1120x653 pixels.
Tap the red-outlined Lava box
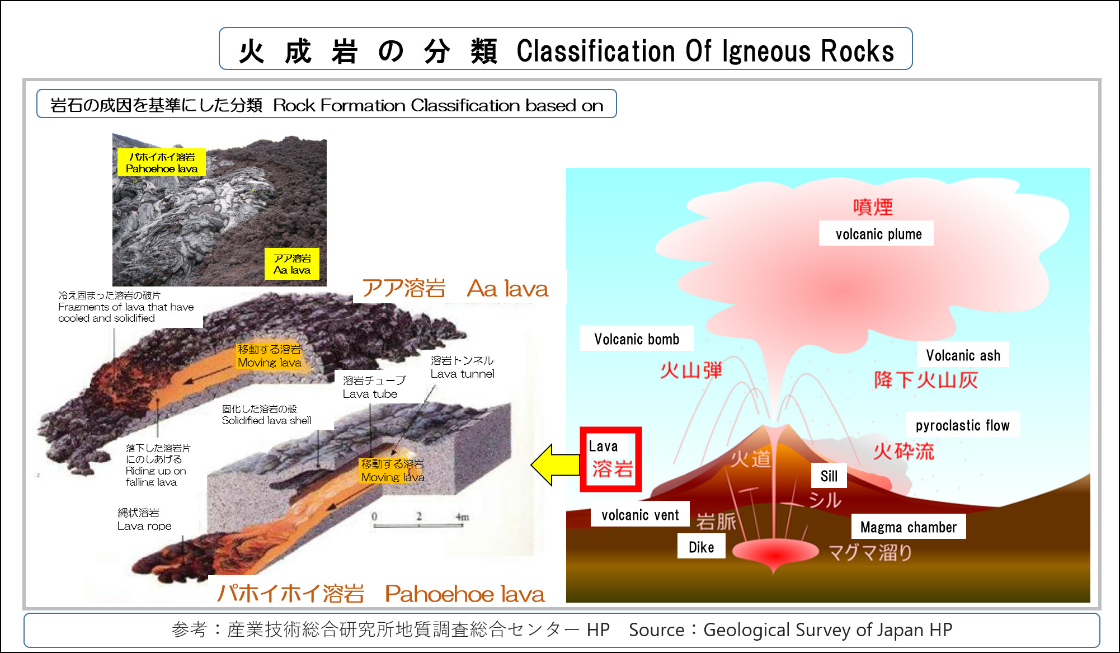pos(610,459)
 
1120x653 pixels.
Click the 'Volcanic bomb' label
pos(636,339)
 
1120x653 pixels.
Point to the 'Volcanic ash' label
pos(962,355)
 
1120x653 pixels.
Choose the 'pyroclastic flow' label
pos(962,425)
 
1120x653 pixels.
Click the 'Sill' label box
pos(829,476)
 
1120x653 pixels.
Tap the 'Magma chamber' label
pos(908,527)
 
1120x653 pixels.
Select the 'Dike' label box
pos(701,547)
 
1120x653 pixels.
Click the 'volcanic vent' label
pos(639,515)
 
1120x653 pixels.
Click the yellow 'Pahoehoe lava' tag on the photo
pos(161,163)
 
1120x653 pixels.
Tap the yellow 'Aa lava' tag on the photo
pos(291,264)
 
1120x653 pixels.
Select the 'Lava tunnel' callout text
pos(462,368)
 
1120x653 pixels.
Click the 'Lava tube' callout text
pos(373,387)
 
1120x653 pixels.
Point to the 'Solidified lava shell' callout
pos(266,415)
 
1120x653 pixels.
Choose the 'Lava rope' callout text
pos(144,519)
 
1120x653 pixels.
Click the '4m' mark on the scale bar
pos(462,517)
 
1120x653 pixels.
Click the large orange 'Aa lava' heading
pos(507,289)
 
